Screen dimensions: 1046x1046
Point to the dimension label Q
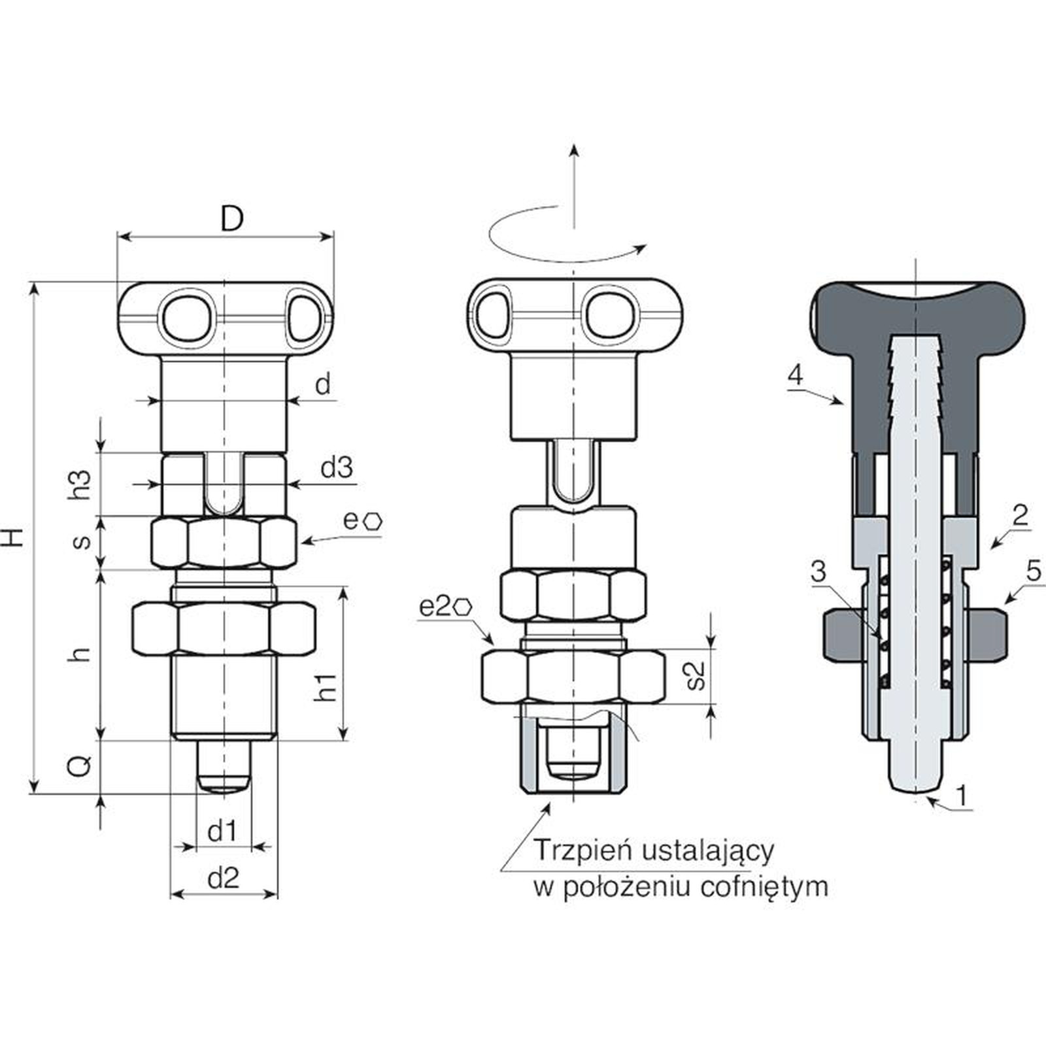81,766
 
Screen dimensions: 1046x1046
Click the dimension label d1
222,832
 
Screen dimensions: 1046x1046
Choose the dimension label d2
224,879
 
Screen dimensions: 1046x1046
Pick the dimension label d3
337,467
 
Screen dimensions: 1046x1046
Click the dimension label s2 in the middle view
697,675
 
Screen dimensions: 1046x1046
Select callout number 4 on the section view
795,375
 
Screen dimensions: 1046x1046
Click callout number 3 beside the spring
818,571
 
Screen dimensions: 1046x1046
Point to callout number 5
1034,571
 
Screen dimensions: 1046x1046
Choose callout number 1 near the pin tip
961,796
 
